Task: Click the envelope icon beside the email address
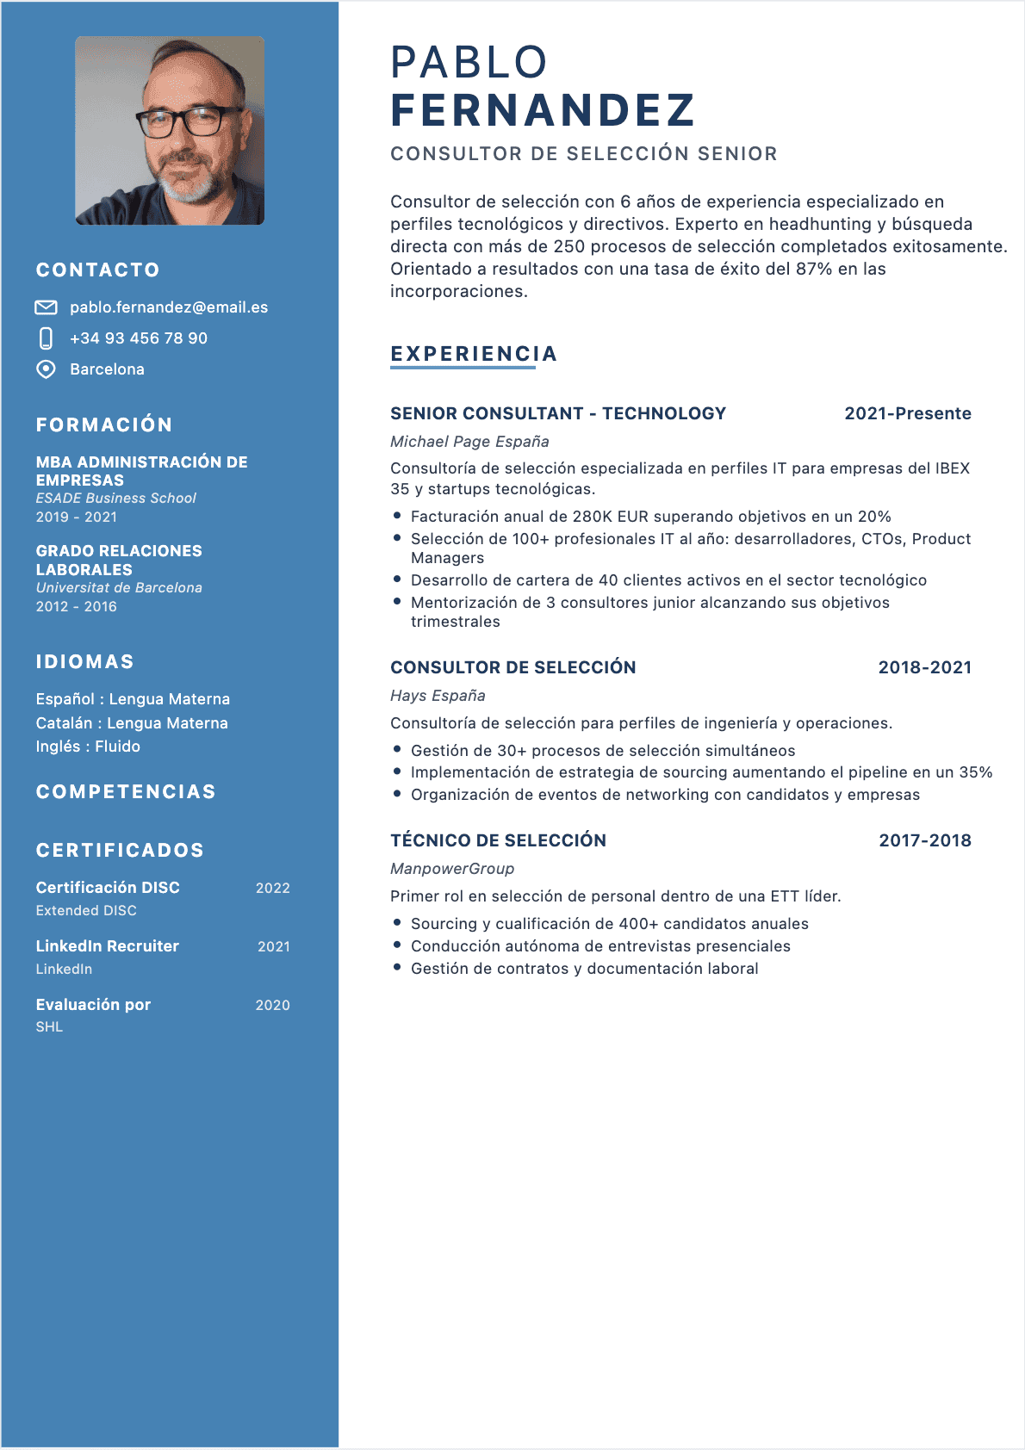pos(46,307)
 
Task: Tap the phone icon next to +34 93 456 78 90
pos(47,338)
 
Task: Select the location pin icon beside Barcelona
pos(46,369)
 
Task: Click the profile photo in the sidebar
pos(170,130)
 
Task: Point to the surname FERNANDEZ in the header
pos(542,110)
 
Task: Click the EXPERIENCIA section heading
pos(474,354)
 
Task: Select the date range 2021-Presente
pos(907,413)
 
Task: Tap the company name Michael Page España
pos(469,442)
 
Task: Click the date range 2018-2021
pos(924,667)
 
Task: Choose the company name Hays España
pos(438,696)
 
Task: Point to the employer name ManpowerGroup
pos(452,869)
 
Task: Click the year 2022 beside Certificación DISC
pos(272,888)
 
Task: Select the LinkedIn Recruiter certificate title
pos(108,946)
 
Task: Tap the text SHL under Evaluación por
pos(49,1027)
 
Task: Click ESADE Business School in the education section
pos(116,499)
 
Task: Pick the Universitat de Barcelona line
pos(119,588)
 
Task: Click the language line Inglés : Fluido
pos(88,747)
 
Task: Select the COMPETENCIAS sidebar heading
pos(126,792)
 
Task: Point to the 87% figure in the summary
pos(814,269)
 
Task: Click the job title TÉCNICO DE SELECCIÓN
pos(498,840)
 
